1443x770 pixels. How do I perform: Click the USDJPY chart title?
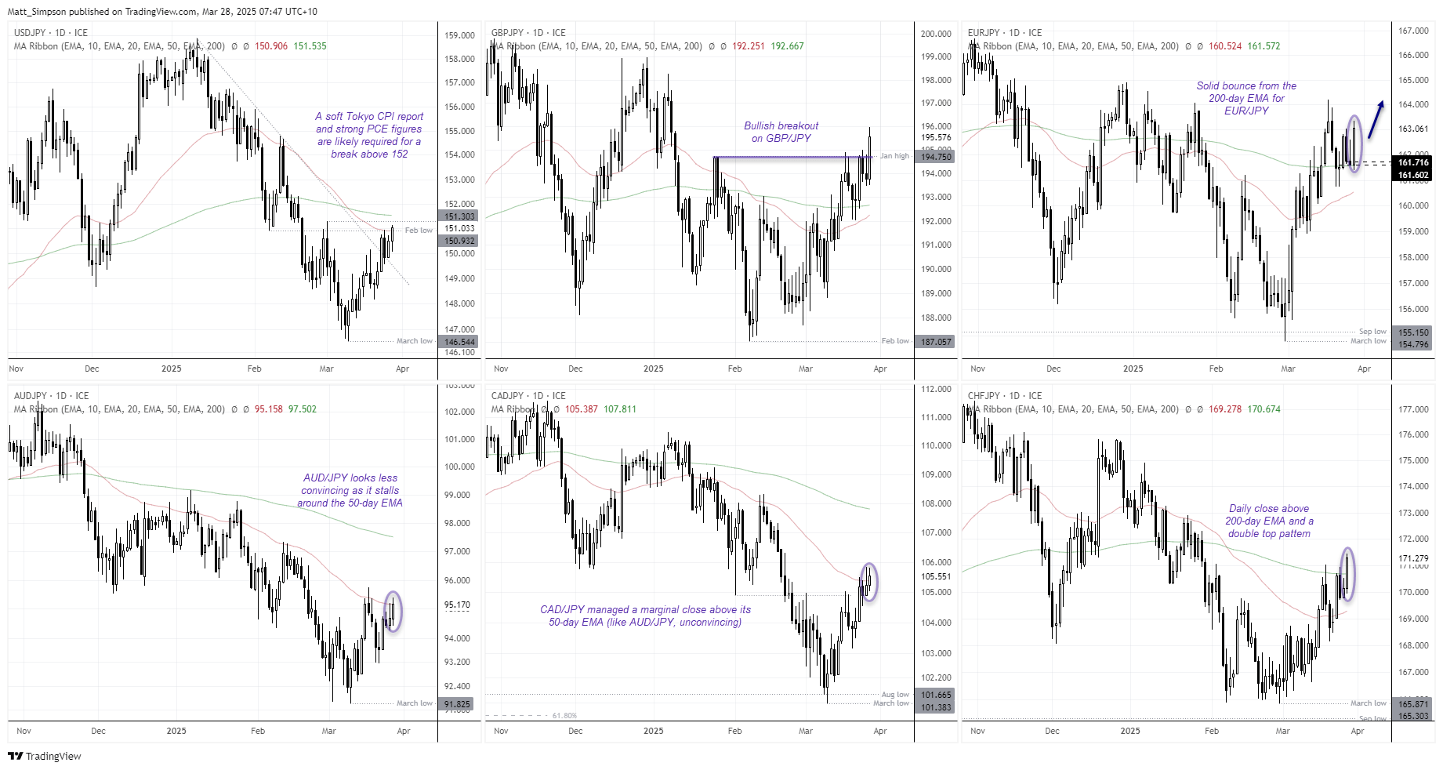tap(51, 33)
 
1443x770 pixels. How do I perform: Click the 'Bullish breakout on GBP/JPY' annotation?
tap(781, 132)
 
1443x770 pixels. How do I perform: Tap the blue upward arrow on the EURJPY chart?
tap(1376, 119)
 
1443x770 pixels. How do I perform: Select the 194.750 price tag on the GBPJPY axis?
tap(935, 157)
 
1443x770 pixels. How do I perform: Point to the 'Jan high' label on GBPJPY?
tap(894, 156)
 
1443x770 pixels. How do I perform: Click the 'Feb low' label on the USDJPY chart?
tap(419, 231)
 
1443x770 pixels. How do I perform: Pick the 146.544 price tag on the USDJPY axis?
tap(459, 342)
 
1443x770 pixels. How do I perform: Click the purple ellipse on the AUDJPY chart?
tap(393, 612)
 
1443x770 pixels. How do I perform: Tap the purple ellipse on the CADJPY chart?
tap(869, 582)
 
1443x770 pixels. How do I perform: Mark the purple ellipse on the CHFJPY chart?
tap(1347, 575)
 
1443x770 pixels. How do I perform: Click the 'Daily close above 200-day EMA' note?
tap(1269, 521)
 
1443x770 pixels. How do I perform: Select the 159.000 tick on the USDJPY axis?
tap(459, 35)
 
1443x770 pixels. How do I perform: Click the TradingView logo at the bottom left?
tap(45, 756)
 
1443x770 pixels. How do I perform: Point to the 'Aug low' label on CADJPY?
tap(895, 695)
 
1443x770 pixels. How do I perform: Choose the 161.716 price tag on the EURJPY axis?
tap(1413, 162)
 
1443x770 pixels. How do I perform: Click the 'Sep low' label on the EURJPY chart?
tap(1372, 332)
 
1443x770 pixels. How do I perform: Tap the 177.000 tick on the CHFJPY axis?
tap(1413, 409)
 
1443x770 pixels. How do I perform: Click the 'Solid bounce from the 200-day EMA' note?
tap(1246, 98)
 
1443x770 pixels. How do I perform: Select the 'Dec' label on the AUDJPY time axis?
tap(98, 731)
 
